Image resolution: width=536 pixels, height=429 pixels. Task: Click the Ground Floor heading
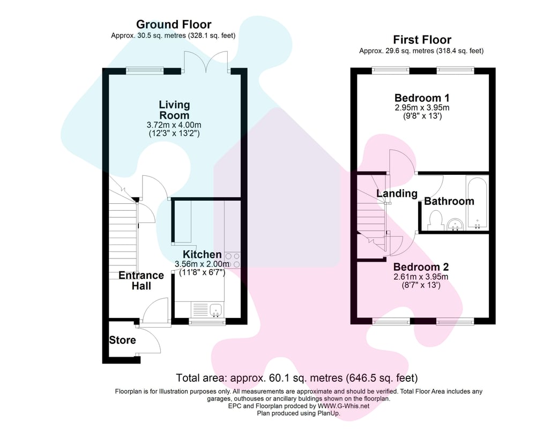click(174, 24)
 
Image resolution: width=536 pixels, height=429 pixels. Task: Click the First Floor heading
click(422, 40)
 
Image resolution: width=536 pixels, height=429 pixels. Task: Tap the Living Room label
click(174, 110)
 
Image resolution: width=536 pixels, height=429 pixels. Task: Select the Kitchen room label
click(202, 254)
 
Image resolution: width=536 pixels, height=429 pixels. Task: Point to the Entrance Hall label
click(141, 280)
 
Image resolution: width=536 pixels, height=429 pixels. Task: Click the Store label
click(122, 340)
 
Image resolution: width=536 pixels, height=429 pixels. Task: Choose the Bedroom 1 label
click(422, 98)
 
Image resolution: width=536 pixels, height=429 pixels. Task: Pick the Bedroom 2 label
click(421, 267)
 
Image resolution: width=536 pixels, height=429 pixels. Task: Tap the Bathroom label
click(449, 201)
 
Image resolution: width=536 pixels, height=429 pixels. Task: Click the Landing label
click(397, 194)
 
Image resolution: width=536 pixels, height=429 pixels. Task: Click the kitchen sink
click(216, 310)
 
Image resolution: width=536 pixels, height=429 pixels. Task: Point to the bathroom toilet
click(435, 220)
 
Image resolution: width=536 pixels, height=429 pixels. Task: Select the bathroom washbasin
click(455, 225)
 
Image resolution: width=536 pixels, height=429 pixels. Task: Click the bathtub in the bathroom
click(477, 203)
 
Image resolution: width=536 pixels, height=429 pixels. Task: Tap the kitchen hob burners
click(233, 260)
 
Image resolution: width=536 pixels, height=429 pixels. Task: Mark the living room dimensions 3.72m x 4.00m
click(174, 125)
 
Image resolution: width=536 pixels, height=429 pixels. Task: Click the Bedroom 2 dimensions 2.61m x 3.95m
click(421, 276)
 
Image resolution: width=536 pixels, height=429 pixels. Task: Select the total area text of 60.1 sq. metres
click(297, 378)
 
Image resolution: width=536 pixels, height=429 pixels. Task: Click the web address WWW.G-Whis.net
click(344, 406)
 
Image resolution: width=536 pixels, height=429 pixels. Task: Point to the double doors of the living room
click(206, 62)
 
